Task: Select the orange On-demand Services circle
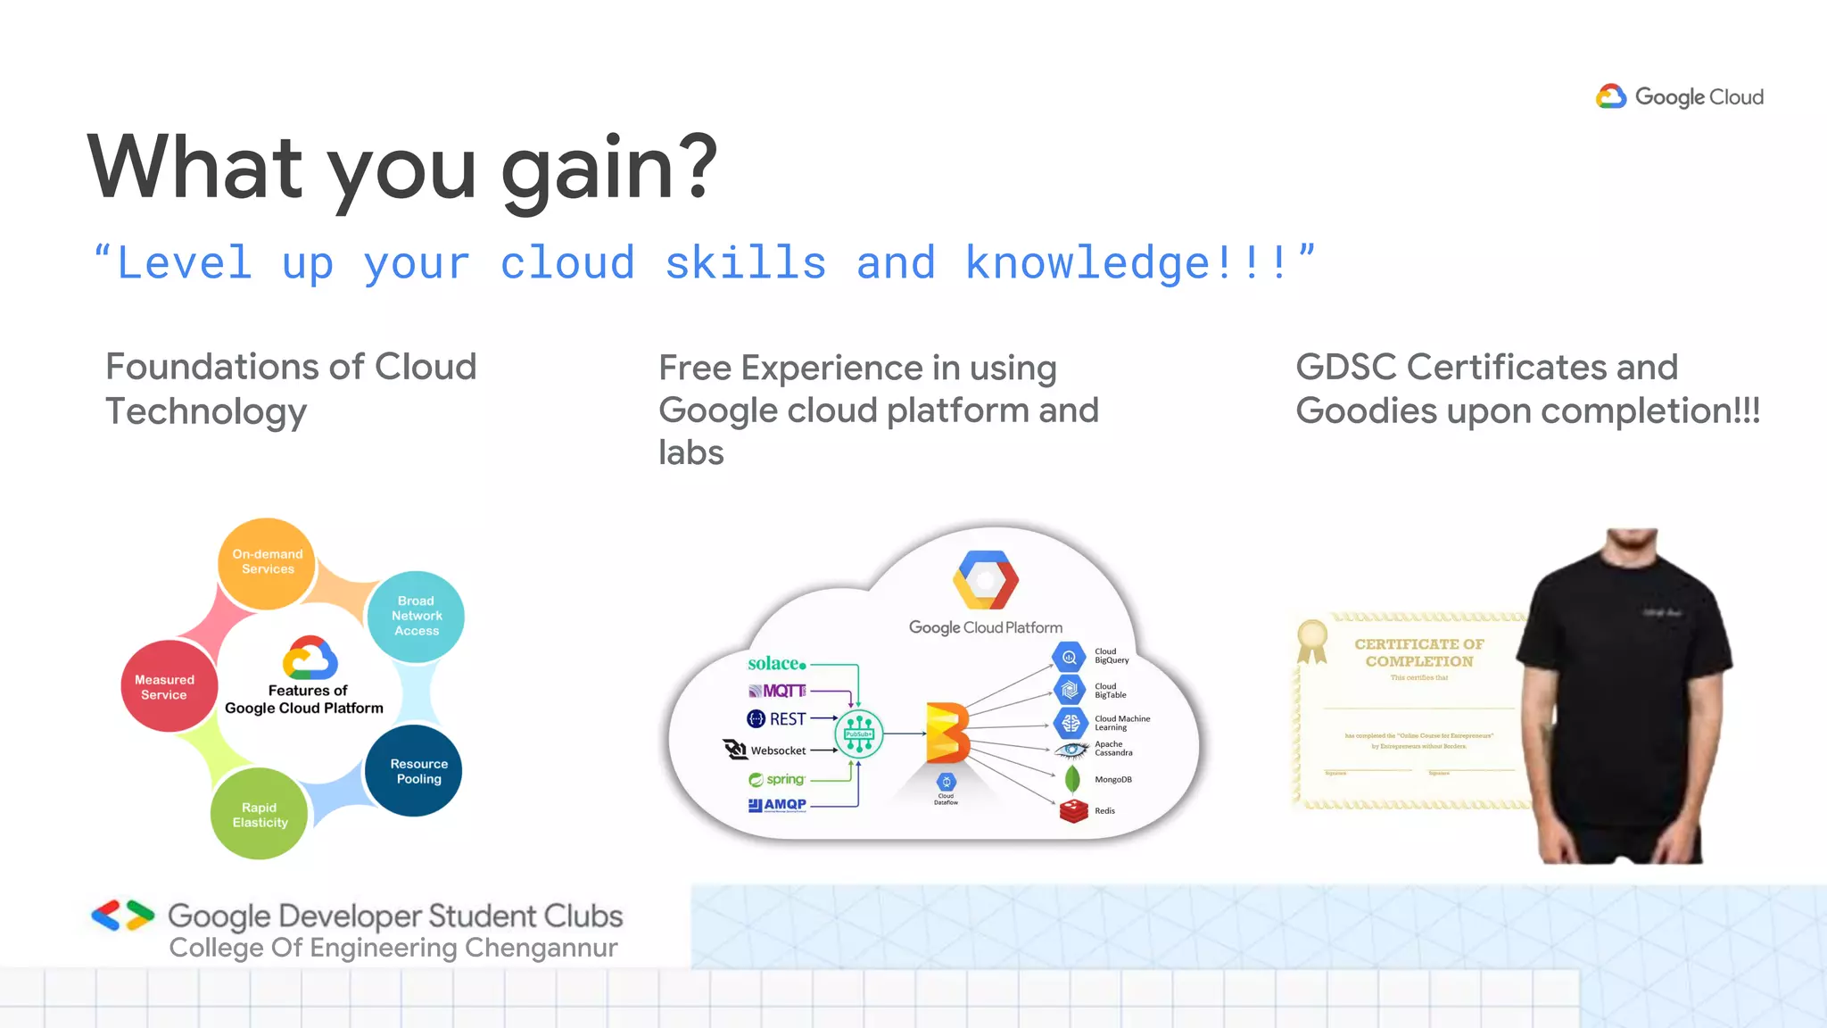click(x=267, y=562)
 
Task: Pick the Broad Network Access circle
click(x=416, y=616)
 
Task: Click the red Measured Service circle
click(x=165, y=686)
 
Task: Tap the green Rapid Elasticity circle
click(x=259, y=815)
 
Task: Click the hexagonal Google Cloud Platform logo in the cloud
click(x=985, y=580)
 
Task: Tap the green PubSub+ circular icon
click(x=859, y=734)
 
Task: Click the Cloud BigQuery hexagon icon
click(x=1069, y=657)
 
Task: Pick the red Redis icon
click(x=1073, y=810)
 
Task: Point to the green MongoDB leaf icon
click(x=1072, y=779)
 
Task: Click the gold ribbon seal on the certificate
click(x=1312, y=639)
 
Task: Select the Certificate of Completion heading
click(x=1418, y=652)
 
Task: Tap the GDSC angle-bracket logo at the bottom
click(x=122, y=916)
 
